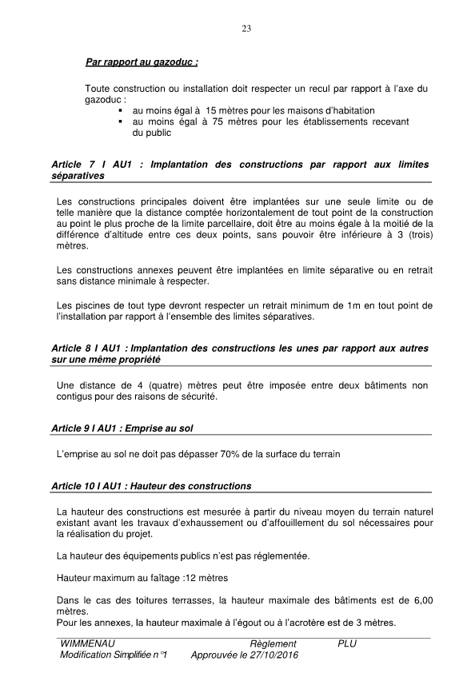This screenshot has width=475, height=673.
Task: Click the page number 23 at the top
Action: [246, 30]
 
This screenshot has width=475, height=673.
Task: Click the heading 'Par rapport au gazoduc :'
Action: [142, 61]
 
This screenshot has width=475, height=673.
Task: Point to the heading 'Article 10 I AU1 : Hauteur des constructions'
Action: [150, 486]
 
